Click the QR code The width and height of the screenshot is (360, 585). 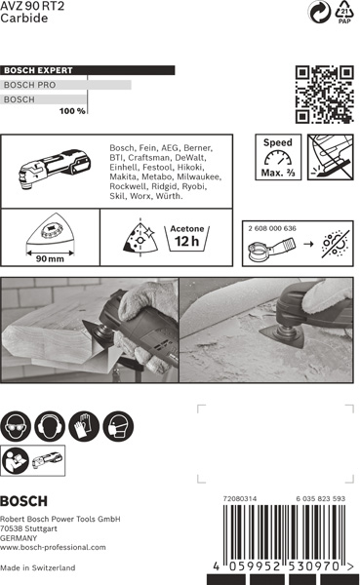[324, 95]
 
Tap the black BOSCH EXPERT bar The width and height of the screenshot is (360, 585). [88, 70]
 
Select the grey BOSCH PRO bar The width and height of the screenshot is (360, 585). [65, 85]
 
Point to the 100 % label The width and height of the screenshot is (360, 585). [72, 111]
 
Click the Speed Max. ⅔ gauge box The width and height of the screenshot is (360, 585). [278, 157]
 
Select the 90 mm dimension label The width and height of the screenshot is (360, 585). [50, 258]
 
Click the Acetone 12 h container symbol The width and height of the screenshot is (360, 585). [187, 239]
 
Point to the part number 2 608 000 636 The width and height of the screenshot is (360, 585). [272, 228]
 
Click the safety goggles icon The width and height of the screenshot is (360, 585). [16, 426]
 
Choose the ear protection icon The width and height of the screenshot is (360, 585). [50, 426]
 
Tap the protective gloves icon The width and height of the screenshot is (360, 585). [84, 426]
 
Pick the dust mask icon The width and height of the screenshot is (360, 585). [118, 426]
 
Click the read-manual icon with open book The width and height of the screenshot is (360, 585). [16, 460]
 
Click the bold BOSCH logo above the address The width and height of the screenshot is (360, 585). [23, 501]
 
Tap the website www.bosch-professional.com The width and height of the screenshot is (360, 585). [53, 547]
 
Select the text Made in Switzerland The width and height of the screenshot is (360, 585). [37, 567]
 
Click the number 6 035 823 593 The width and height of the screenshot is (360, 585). [321, 498]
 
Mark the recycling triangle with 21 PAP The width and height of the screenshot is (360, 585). [344, 12]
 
